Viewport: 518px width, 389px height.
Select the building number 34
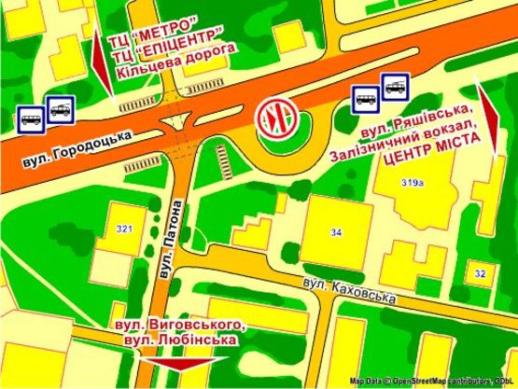coord(336,230)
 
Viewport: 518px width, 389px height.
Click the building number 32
coord(480,273)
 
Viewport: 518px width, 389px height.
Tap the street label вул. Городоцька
coord(77,149)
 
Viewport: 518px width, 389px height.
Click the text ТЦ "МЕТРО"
coord(153,21)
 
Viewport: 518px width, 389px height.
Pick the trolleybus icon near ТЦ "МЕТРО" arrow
coord(62,111)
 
